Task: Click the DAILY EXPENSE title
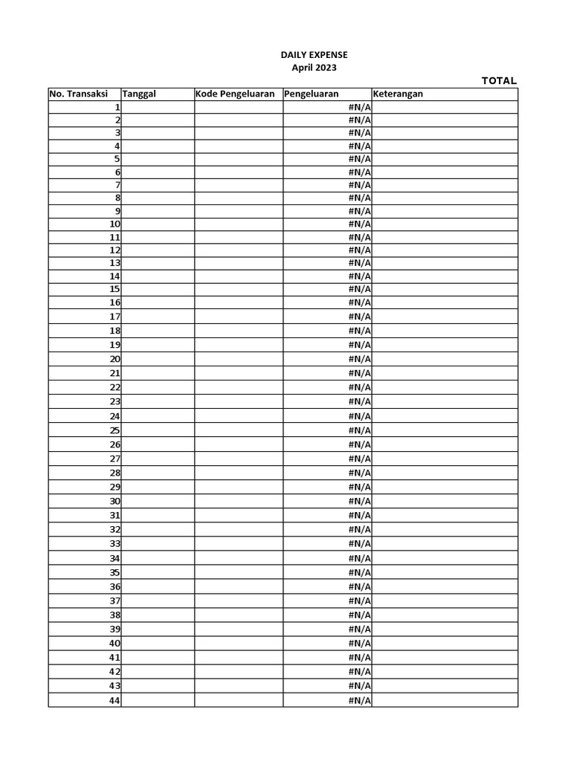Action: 314,55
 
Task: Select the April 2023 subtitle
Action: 314,68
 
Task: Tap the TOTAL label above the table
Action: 499,81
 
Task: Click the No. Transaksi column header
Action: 78,94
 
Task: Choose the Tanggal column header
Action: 139,94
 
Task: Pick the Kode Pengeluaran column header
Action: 235,94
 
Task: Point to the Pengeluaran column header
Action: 311,94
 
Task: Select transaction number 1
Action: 117,107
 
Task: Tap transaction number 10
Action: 115,224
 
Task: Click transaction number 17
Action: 115,316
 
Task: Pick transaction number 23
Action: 115,401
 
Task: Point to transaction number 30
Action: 115,501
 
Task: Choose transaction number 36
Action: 115,586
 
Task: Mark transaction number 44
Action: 115,700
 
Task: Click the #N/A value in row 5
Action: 360,159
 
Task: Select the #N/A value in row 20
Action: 360,359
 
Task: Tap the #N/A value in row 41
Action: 360,658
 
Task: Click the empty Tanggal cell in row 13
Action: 158,263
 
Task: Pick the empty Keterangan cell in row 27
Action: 445,459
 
